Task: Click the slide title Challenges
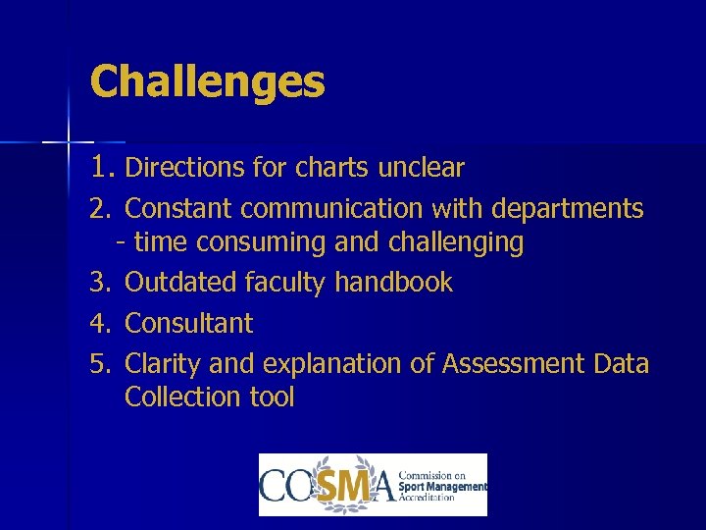click(207, 81)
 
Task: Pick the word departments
click(568, 209)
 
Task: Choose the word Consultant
click(189, 323)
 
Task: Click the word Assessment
click(514, 364)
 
